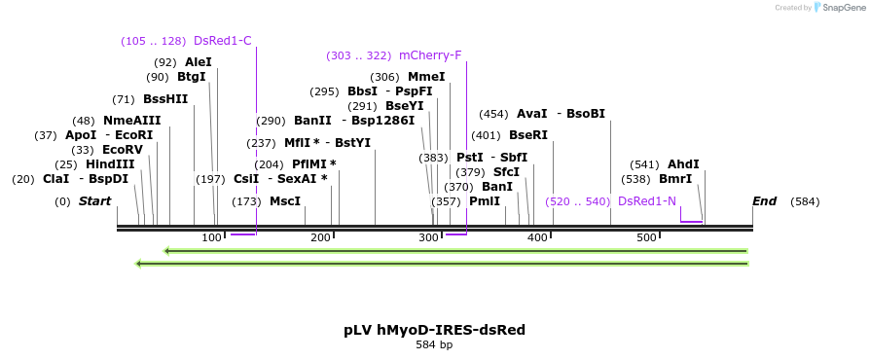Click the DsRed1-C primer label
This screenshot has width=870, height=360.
pos(222,41)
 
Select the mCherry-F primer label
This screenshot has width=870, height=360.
pos(430,55)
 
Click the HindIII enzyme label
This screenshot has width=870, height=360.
pos(110,164)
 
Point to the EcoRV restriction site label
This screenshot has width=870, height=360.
pos(123,150)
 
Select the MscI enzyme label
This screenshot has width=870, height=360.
pos(285,201)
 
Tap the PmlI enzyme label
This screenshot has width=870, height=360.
pos(485,201)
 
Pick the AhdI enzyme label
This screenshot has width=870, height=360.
pos(683,164)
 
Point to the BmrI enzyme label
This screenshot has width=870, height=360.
pos(675,179)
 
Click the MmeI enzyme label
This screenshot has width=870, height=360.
pos(426,77)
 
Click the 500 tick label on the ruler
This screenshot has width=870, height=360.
pos(646,238)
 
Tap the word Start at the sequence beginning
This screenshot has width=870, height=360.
pos(94,201)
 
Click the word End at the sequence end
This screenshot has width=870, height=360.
pos(764,201)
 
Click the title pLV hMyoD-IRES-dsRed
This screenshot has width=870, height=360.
pos(434,330)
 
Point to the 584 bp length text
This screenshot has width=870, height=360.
pos(434,344)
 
